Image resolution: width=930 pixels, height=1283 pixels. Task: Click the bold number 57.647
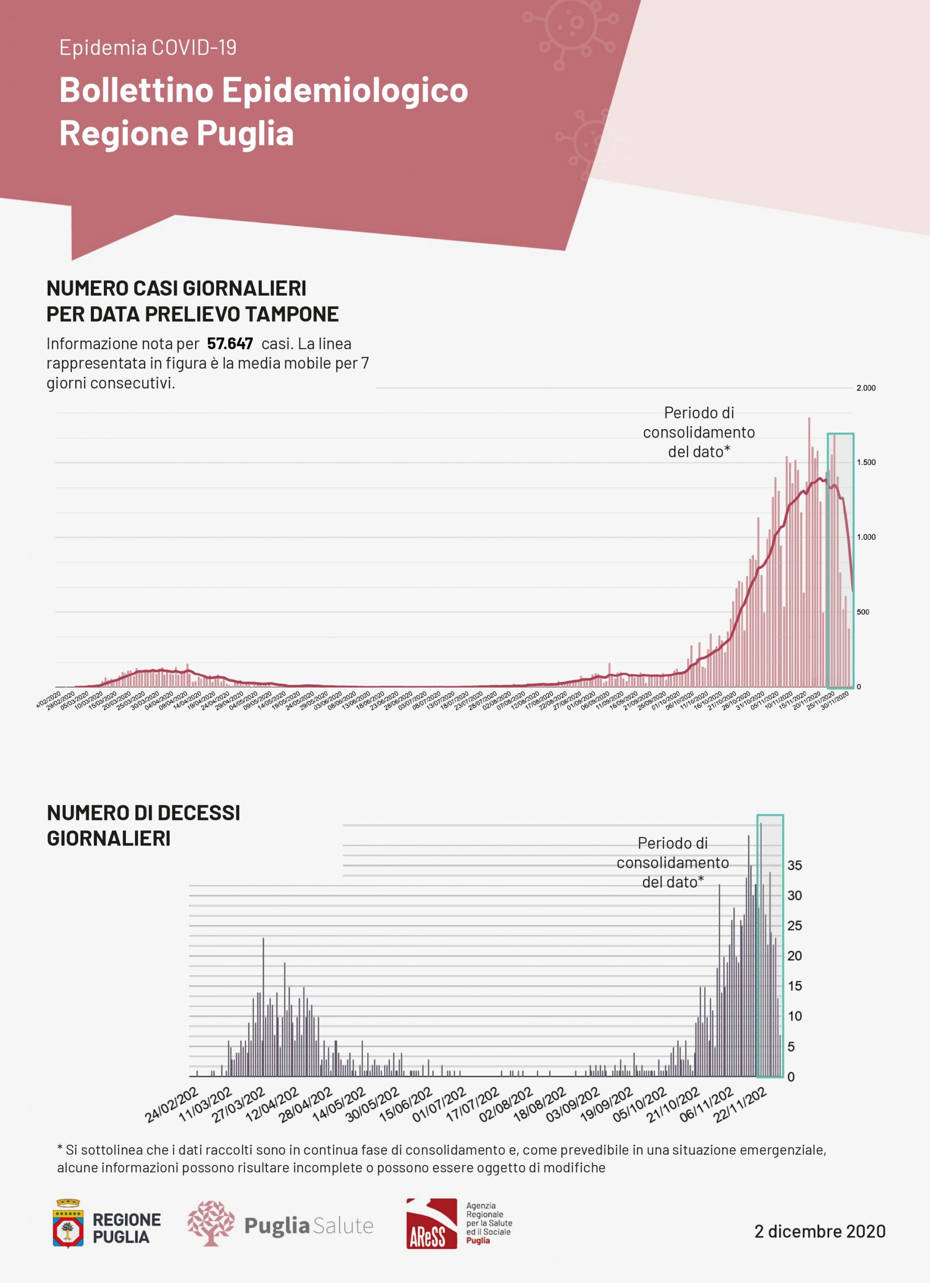click(230, 344)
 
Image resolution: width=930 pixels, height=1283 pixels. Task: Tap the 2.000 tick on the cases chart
click(865, 388)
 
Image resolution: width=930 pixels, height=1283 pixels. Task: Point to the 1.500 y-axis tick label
click(865, 463)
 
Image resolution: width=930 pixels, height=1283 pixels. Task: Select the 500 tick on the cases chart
click(863, 612)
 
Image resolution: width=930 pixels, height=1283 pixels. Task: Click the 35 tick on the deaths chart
click(795, 866)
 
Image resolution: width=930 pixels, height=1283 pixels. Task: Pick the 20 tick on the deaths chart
click(795, 956)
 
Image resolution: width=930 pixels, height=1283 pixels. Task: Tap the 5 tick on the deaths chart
click(792, 1047)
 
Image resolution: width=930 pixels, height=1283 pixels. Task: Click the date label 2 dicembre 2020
click(820, 1231)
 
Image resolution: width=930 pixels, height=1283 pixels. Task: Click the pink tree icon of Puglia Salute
click(211, 1223)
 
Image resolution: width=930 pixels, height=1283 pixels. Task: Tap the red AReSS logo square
click(431, 1223)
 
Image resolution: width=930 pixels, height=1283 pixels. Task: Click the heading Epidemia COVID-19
click(148, 48)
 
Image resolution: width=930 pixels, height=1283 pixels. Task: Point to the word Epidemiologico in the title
click(345, 91)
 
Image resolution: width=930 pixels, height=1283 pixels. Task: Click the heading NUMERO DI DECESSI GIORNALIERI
click(143, 826)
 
